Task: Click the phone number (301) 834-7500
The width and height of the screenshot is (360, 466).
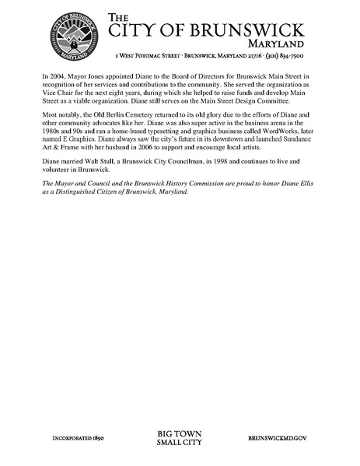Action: (x=288, y=56)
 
